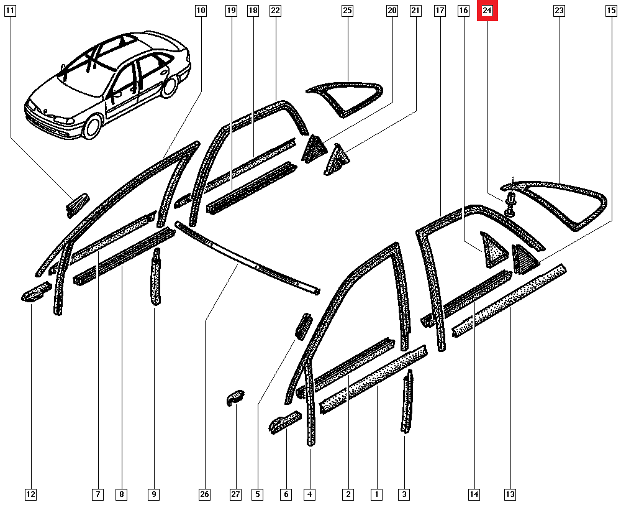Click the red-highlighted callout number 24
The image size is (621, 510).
point(487,11)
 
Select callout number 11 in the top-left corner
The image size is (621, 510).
point(11,11)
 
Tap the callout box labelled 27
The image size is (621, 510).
point(235,494)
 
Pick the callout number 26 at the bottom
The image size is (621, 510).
point(204,494)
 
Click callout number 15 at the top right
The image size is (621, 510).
point(611,11)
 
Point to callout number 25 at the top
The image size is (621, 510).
point(347,11)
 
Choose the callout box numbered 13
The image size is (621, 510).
point(510,494)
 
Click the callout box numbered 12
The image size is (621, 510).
point(30,494)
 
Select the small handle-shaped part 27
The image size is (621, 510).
point(235,398)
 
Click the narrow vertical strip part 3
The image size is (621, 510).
point(407,403)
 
